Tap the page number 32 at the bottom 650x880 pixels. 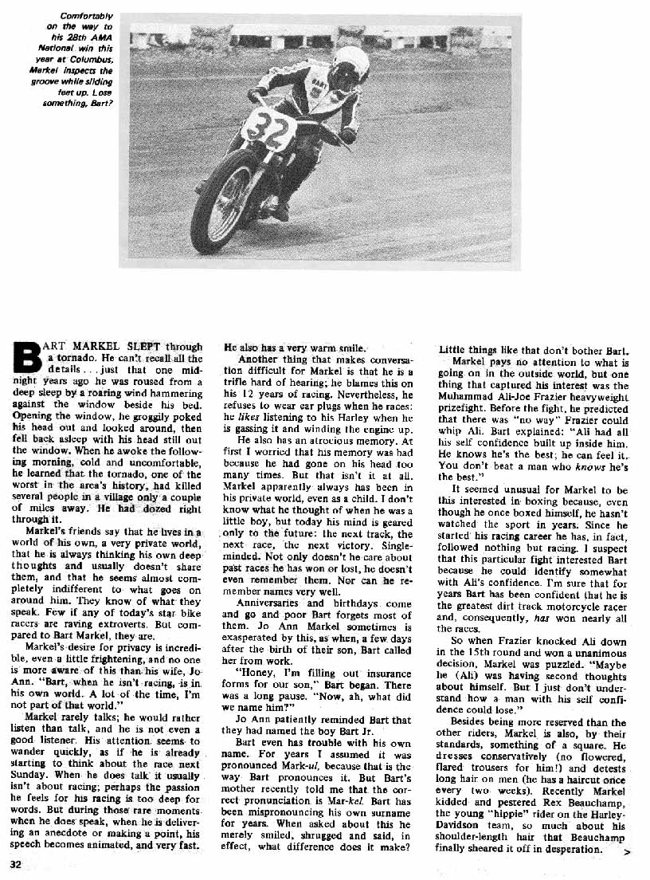pos(16,863)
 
